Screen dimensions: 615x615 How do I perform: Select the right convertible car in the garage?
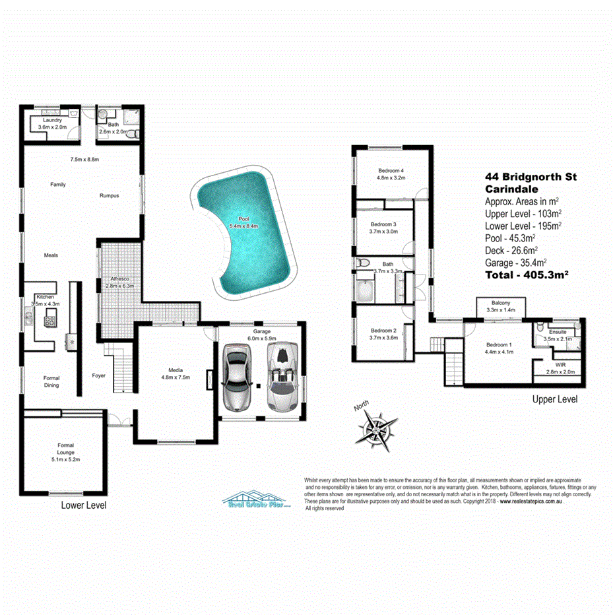[282, 379]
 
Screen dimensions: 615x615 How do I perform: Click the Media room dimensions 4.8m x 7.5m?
[176, 377]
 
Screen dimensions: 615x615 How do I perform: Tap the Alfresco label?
[119, 278]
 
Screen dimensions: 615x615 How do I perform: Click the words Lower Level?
[84, 505]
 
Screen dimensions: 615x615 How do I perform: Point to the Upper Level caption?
[555, 400]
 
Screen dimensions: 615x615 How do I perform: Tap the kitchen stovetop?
[51, 322]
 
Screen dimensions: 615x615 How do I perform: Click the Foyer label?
[99, 375]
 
